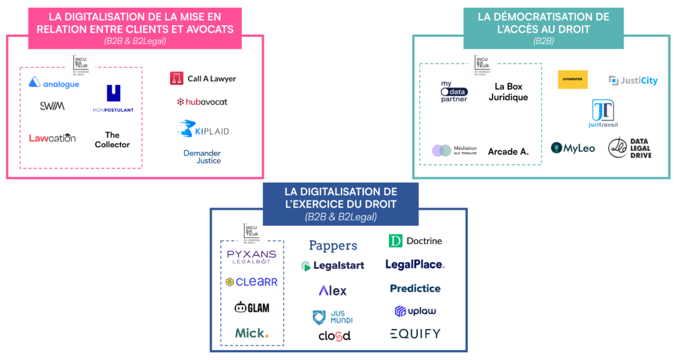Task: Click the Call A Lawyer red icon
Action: (176, 78)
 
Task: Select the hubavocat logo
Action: (202, 102)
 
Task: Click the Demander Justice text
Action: (202, 156)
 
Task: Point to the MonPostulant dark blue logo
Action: (113, 98)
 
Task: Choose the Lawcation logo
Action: (52, 138)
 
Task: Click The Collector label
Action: (112, 140)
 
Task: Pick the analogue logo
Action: (54, 84)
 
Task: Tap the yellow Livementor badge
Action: (572, 80)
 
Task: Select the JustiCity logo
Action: (633, 80)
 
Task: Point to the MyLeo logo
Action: (573, 148)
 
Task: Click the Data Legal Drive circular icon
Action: (617, 148)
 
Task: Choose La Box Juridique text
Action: (511, 92)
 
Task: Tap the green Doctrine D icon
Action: (396, 241)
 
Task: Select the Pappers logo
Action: (333, 246)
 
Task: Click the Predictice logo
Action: (415, 288)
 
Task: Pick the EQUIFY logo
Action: (415, 334)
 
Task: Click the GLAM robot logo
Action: (252, 307)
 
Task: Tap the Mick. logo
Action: (252, 333)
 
